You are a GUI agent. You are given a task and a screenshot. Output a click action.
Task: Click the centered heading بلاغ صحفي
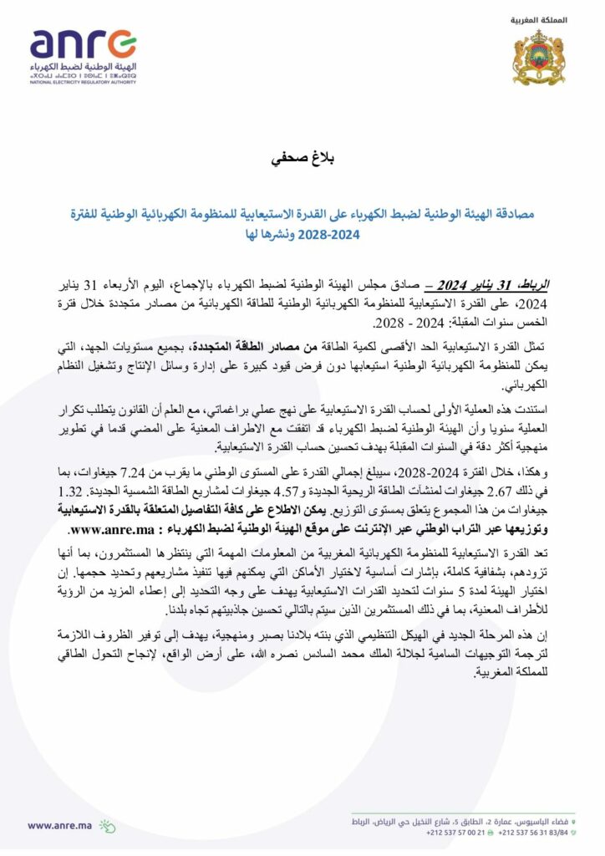click(302, 159)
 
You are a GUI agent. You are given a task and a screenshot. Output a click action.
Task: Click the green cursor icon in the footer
click(107, 825)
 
